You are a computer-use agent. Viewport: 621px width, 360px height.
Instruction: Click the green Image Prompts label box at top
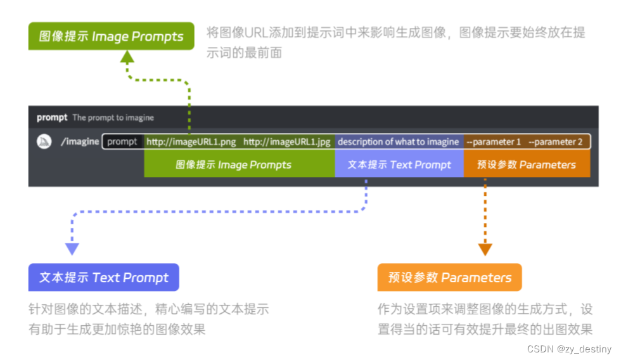[111, 37]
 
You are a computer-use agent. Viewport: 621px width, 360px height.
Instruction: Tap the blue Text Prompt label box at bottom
[104, 278]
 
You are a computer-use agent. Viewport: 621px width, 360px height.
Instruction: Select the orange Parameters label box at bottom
[449, 278]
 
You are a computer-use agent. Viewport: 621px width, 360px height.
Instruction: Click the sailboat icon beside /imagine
[44, 141]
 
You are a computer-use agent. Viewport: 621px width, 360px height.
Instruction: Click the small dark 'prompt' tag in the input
[122, 142]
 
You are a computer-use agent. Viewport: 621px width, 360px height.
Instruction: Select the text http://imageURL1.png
[191, 142]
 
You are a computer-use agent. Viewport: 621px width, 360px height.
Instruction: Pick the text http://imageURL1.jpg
[286, 142]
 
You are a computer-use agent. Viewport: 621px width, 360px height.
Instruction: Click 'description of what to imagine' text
[398, 142]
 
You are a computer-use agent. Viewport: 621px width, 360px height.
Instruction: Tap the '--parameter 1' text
[494, 142]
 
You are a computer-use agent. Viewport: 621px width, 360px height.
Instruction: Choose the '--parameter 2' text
[555, 142]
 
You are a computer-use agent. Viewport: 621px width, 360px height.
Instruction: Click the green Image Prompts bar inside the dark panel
[239, 165]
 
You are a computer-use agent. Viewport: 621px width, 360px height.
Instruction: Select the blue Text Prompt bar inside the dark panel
[399, 165]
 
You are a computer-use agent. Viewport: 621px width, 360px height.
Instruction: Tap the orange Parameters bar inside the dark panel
[527, 165]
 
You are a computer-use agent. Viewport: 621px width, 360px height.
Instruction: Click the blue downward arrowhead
[72, 248]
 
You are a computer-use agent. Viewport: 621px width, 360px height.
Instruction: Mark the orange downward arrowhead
[485, 249]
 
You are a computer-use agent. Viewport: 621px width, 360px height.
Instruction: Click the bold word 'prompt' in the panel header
[52, 117]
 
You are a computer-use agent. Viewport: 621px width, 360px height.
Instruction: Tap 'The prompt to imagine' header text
[113, 118]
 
